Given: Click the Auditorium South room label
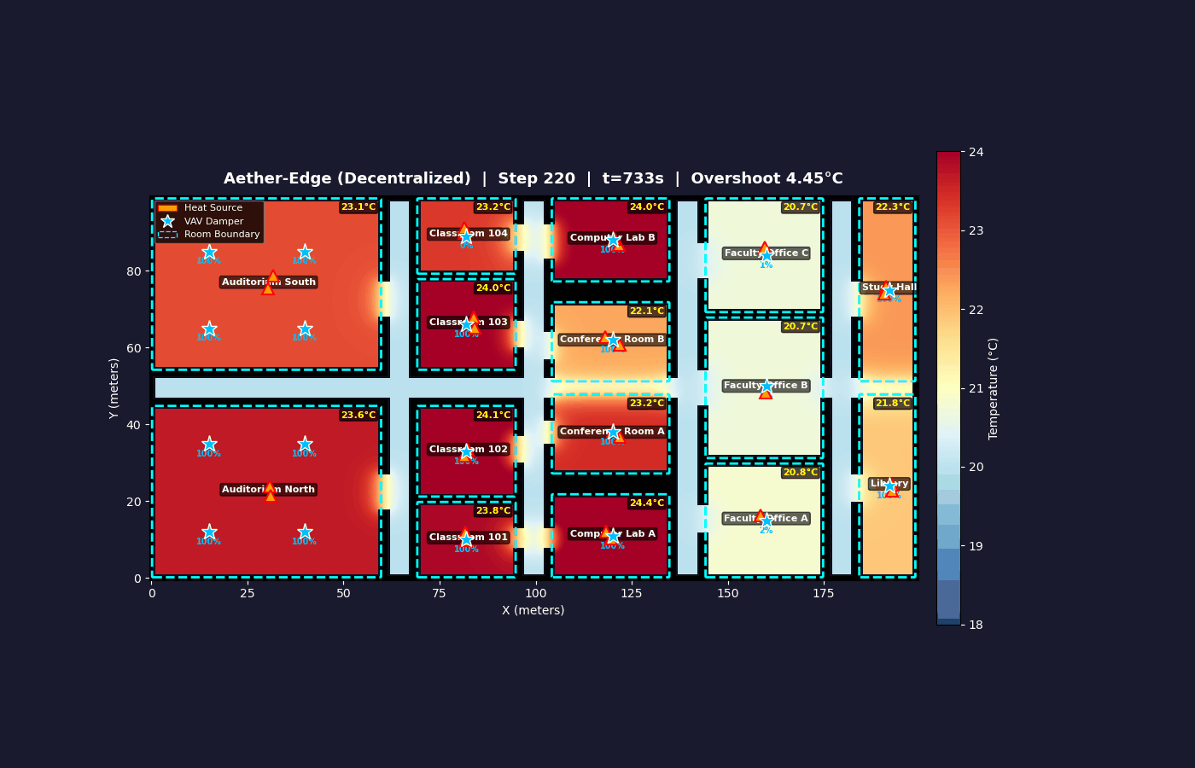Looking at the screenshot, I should tap(268, 282).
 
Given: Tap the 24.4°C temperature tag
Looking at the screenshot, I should tap(646, 503).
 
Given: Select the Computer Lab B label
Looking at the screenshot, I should tap(612, 238).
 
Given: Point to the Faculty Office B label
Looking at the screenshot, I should tap(765, 386).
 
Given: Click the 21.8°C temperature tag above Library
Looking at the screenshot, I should tap(892, 404).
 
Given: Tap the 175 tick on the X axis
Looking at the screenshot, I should tap(823, 594).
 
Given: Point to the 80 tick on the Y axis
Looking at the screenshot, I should tap(134, 271).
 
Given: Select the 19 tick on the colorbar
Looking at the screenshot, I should tap(976, 546).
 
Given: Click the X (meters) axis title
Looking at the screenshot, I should tap(533, 611).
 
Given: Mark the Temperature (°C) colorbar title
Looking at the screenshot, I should tap(994, 388).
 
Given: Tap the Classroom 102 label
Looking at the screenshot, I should tap(468, 450).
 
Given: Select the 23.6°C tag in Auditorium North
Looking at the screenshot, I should tap(358, 416).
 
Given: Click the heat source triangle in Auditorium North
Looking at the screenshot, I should tap(270, 492).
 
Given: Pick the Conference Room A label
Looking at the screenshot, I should tap(611, 432).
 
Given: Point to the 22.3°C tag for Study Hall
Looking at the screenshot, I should tap(892, 207).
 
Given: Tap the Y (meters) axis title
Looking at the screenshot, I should tap(114, 388).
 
